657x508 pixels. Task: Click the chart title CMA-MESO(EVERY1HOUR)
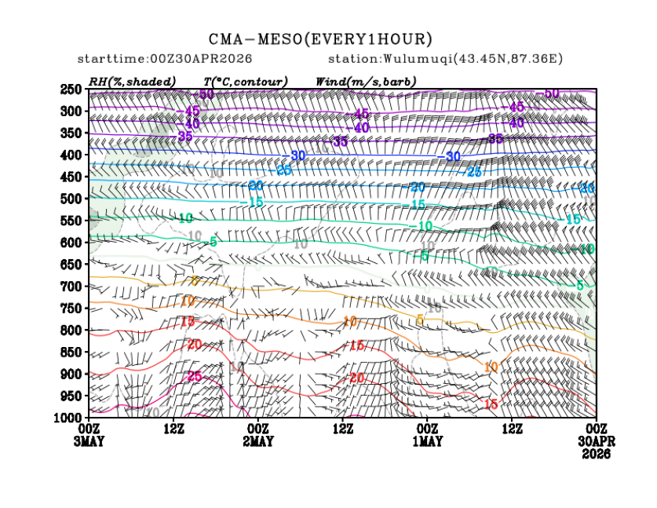coord(320,39)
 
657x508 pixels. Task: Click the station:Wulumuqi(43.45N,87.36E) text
coord(446,60)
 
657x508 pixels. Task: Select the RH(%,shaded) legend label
coord(132,82)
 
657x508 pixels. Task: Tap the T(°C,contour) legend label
coord(246,82)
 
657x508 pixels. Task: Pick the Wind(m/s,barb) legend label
coord(366,82)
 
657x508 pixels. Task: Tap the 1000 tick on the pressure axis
coord(69,417)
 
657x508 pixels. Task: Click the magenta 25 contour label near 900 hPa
coord(195,377)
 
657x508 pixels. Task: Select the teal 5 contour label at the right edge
coord(580,285)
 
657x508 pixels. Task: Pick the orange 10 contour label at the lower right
coord(491,367)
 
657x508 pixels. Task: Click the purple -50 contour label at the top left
coord(205,95)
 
